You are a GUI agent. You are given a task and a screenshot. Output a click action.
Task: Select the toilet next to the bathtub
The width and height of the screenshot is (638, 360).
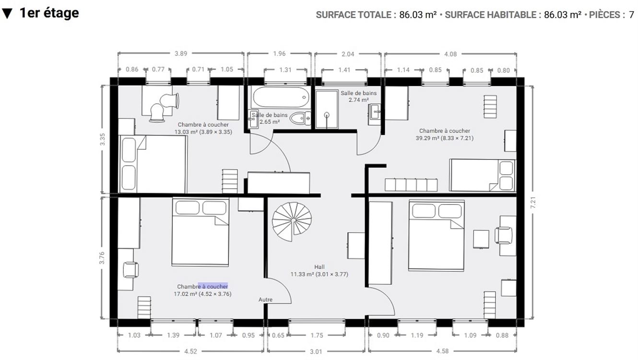point(301,118)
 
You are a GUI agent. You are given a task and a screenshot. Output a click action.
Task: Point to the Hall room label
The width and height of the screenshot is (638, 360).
point(319,267)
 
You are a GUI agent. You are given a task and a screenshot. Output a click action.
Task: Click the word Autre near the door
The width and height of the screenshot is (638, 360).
point(265,300)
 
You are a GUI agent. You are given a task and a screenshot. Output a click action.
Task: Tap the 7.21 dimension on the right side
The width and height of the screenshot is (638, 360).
point(533,203)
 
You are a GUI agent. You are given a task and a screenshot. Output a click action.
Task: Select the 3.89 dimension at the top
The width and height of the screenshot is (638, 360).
point(181,54)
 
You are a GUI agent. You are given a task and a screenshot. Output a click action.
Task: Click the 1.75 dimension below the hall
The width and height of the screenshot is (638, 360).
point(317,336)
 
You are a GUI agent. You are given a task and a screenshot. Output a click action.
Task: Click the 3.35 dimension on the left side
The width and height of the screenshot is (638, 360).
point(102,139)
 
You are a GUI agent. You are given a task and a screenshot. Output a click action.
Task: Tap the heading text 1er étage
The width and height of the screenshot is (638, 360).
point(49,13)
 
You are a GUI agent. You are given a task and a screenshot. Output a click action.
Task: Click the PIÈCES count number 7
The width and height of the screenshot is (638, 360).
point(631,15)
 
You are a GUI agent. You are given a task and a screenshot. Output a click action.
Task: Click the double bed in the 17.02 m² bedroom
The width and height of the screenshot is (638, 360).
point(201,232)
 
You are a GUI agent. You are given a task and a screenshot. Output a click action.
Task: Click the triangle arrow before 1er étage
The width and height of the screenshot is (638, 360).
point(7,13)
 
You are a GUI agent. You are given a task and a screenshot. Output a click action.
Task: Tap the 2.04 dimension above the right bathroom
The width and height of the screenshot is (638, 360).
point(348,54)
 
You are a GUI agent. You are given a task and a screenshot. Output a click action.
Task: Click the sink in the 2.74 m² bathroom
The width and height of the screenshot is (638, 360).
point(375,114)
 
